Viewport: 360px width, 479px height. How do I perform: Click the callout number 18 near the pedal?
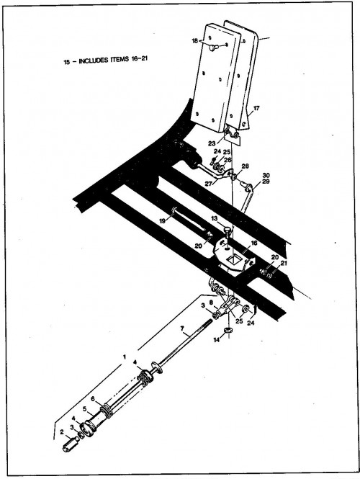[195, 41]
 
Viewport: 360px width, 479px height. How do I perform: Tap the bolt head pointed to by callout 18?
[213, 48]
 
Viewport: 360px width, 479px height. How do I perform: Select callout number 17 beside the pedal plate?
[256, 108]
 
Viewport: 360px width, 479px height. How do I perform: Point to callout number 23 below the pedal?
[212, 143]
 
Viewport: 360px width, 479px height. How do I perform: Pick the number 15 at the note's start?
[67, 62]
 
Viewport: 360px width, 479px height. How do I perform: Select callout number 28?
[246, 166]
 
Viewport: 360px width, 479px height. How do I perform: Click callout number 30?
[266, 175]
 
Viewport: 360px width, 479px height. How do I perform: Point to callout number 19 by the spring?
[163, 220]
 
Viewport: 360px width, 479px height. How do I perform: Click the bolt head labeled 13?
[228, 229]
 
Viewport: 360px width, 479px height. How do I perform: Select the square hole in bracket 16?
[234, 260]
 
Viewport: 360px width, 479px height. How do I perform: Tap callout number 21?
[284, 263]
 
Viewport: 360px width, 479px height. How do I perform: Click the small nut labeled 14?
[228, 330]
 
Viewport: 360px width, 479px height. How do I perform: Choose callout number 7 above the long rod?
[182, 328]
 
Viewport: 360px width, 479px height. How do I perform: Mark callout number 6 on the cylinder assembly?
[93, 399]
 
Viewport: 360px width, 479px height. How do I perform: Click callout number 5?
[84, 408]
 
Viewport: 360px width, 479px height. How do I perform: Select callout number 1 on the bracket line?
[125, 357]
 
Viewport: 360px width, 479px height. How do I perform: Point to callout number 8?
[211, 302]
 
